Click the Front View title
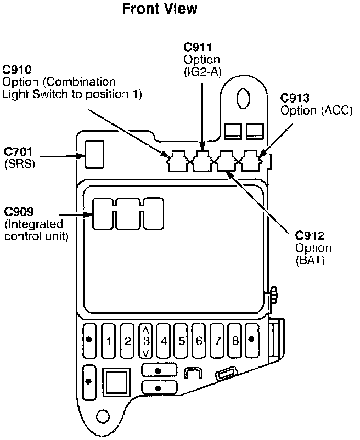tap(159, 9)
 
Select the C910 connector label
tap(17, 70)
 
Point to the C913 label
tap(295, 98)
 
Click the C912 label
tap(310, 236)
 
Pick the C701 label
tap(18, 150)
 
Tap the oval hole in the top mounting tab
tap(243, 98)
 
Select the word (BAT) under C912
tap(310, 261)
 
